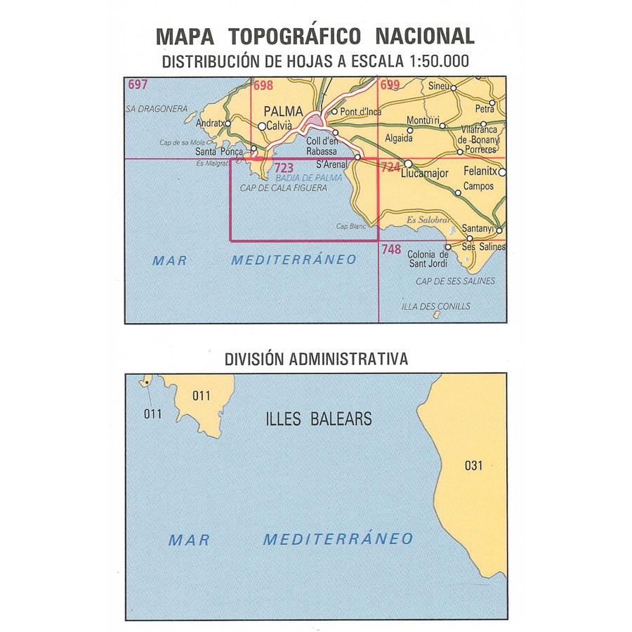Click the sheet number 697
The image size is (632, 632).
click(138, 85)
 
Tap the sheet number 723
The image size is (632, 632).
click(284, 168)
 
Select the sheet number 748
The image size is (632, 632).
click(391, 249)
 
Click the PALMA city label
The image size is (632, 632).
click(283, 112)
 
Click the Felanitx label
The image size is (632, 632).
click(480, 171)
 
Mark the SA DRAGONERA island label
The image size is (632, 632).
click(157, 109)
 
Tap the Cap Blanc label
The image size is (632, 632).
click(351, 225)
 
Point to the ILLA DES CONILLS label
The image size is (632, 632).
click(435, 306)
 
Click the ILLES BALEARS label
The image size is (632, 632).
click(319, 419)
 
